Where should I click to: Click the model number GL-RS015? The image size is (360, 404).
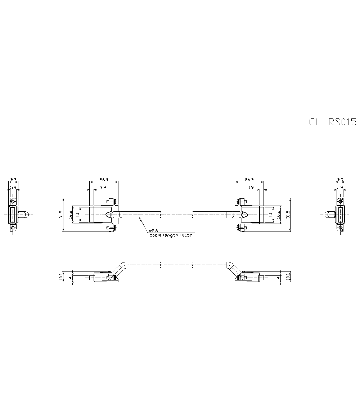(x=332, y=122)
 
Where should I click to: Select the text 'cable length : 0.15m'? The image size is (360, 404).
(x=171, y=235)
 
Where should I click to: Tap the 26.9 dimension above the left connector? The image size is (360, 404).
(x=104, y=179)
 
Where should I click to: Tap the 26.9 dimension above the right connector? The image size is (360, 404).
(x=249, y=179)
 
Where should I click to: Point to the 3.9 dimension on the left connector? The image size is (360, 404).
(x=103, y=187)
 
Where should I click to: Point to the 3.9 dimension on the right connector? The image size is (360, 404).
(x=251, y=187)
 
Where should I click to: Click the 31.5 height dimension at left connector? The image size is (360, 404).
(x=61, y=215)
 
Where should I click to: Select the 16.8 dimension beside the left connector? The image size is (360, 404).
(x=71, y=215)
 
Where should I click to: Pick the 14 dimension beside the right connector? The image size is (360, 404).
(x=270, y=215)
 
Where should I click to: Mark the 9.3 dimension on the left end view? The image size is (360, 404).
(x=13, y=179)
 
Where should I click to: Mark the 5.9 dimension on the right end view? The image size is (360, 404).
(x=339, y=187)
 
